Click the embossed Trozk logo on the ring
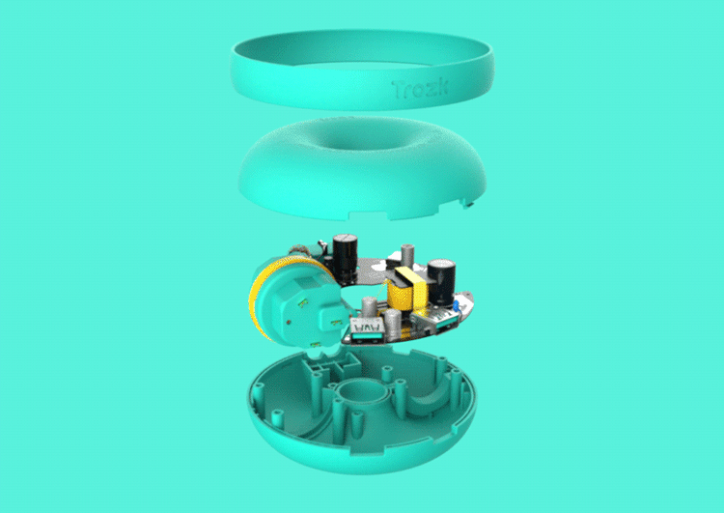[420, 89]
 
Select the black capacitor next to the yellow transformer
[441, 282]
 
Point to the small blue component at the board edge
[456, 305]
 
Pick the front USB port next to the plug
[368, 331]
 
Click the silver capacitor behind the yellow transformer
[407, 255]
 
